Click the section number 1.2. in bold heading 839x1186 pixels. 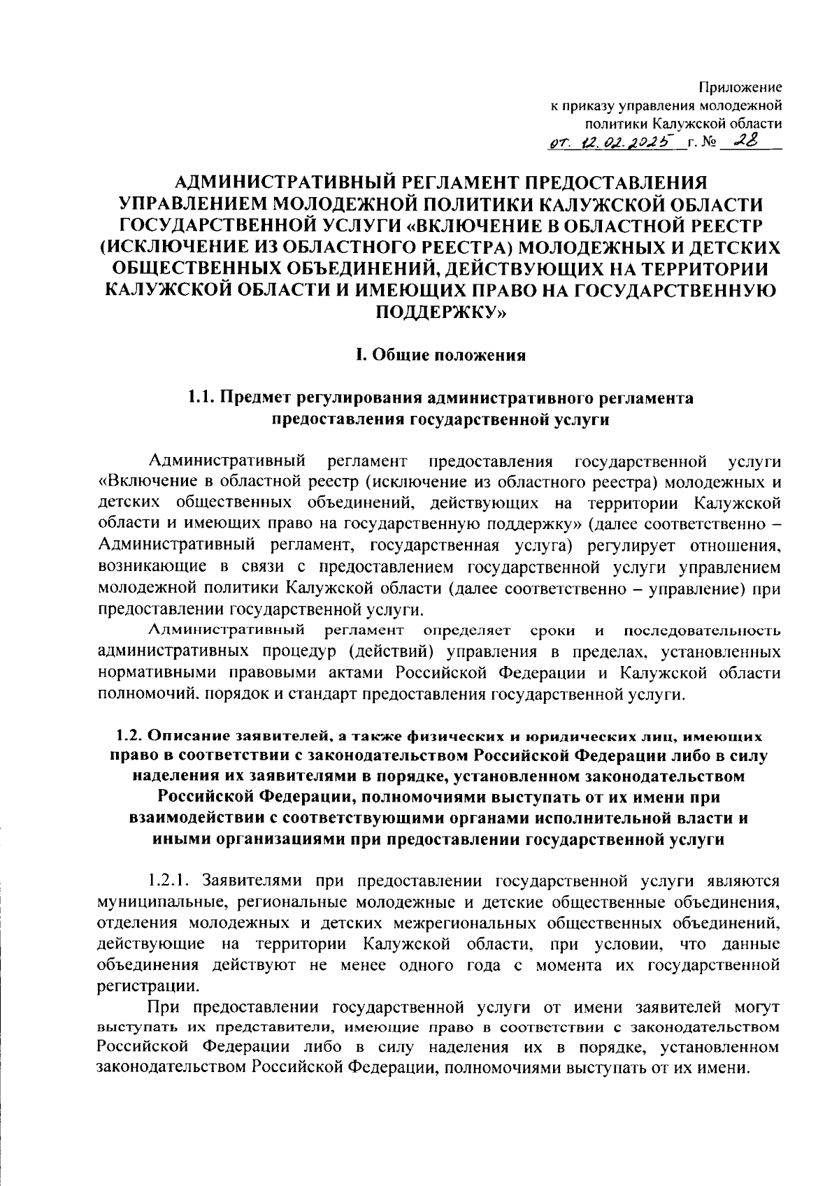[x=129, y=735]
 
